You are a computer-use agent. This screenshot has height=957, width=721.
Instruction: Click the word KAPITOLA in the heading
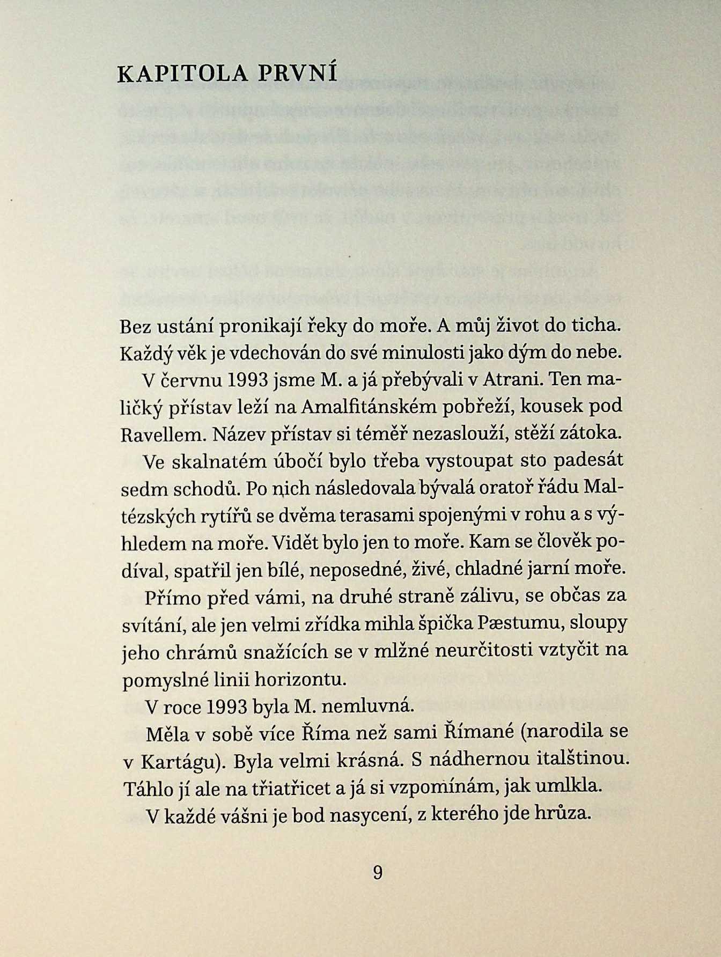(x=183, y=73)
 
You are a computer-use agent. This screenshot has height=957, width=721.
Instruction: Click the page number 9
(x=377, y=873)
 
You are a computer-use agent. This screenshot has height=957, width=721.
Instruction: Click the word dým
(x=540, y=353)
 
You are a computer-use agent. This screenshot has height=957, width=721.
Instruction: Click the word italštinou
(x=582, y=760)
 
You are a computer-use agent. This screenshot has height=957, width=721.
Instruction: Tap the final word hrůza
(x=563, y=814)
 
